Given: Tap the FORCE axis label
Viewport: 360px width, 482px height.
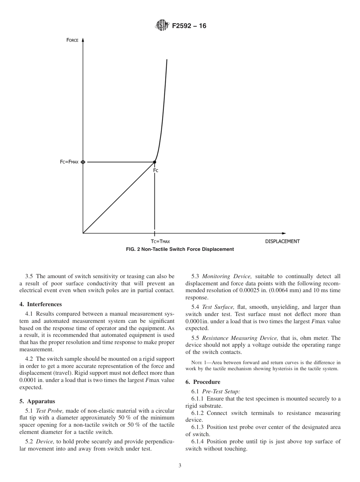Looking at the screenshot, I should tap(72, 40).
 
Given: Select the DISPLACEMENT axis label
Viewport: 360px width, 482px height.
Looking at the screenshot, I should tap(282, 241).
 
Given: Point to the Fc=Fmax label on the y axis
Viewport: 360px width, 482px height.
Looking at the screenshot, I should tap(69, 162).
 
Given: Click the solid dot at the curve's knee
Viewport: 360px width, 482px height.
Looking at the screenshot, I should tap(154, 162).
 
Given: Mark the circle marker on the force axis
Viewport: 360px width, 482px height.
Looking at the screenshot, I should tap(83, 162).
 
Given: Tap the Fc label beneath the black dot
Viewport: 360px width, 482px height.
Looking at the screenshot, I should tap(156, 171).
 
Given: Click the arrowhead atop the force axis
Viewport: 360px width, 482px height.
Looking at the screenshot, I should tap(83, 40).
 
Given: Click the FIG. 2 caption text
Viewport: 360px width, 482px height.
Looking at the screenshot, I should tap(180, 249).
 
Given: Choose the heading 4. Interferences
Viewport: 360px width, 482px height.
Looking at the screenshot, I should tap(41, 304).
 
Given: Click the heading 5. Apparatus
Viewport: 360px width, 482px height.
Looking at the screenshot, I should tap(37, 401).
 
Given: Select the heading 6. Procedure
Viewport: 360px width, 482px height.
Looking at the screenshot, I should tap(203, 382).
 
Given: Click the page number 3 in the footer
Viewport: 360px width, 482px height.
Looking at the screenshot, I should tap(180, 466).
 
